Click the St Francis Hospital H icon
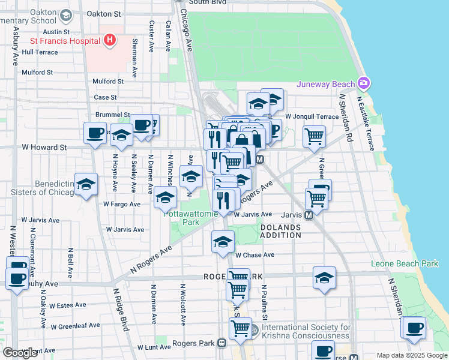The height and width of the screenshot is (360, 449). pyautogui.click(x=109, y=40)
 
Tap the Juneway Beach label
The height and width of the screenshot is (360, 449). pyautogui.click(x=326, y=83)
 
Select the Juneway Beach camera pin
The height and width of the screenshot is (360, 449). pyautogui.click(x=363, y=83)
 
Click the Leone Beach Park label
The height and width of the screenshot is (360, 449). pyautogui.click(x=405, y=263)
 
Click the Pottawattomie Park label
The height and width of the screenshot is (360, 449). pyautogui.click(x=190, y=218)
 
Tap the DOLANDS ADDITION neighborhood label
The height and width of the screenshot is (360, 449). pyautogui.click(x=280, y=231)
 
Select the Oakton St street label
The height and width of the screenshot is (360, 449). pyautogui.click(x=104, y=13)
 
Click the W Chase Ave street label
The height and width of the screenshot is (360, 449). pyautogui.click(x=255, y=255)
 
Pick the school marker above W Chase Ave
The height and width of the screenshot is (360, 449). pyautogui.click(x=223, y=242)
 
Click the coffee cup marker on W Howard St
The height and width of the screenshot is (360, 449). pyautogui.click(x=95, y=133)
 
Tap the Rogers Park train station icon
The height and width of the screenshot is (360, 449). pyautogui.click(x=221, y=343)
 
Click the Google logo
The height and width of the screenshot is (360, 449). pyautogui.click(x=20, y=352)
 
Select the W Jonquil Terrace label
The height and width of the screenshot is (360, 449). pyautogui.click(x=312, y=116)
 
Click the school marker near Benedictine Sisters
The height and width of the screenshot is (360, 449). pyautogui.click(x=86, y=185)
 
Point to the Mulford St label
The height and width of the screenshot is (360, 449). pyautogui.click(x=37, y=72)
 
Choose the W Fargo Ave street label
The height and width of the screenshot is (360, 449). pyautogui.click(x=121, y=204)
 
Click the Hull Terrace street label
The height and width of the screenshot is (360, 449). pyautogui.click(x=40, y=52)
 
